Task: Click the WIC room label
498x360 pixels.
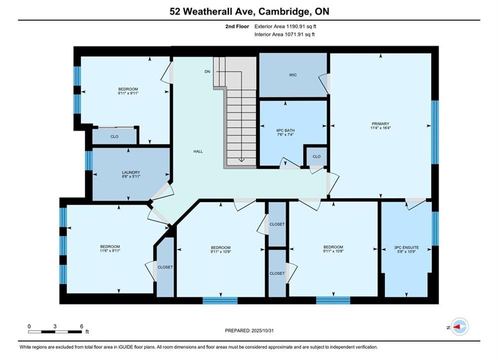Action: click(x=293, y=75)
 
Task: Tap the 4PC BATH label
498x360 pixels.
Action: click(x=285, y=130)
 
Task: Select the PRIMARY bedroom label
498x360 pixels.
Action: click(x=380, y=123)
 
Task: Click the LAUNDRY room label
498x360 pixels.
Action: click(x=131, y=172)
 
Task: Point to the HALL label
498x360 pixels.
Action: click(x=198, y=151)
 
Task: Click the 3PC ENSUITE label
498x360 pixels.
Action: click(x=406, y=247)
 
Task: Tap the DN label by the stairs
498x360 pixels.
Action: click(x=207, y=71)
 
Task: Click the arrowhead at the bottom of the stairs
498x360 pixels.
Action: click(x=241, y=160)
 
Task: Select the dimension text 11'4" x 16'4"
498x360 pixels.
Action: click(x=380, y=128)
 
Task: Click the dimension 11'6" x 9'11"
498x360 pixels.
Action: click(x=110, y=250)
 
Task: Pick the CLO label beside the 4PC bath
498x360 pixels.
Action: click(x=317, y=156)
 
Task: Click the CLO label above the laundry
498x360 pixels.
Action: click(x=114, y=136)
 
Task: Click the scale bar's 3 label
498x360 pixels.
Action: click(x=55, y=326)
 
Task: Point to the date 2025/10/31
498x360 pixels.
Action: click(x=262, y=330)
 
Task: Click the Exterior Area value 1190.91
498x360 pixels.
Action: click(x=295, y=26)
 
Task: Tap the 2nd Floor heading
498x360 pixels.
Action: click(x=237, y=26)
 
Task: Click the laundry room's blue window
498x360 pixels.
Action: click(x=89, y=160)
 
